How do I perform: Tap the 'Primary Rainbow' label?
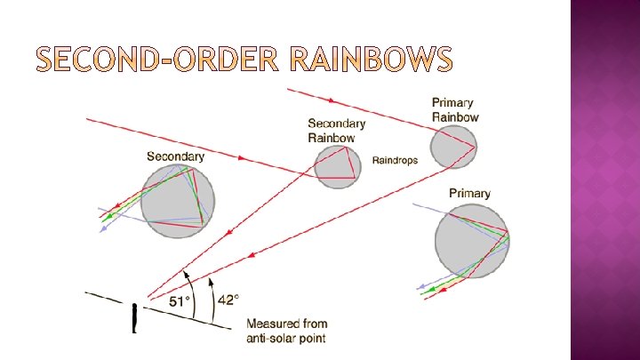tap(455, 109)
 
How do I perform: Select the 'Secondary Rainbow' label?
tap(337, 131)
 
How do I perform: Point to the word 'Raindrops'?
tap(395, 161)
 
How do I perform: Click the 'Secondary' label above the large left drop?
tap(175, 156)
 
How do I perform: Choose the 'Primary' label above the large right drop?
tap(469, 193)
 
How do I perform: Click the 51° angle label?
tap(180, 301)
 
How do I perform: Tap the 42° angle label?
tap(228, 300)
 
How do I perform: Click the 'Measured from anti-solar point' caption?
tap(286, 331)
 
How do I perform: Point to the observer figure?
tap(134, 317)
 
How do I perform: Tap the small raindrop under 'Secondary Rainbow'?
tap(339, 165)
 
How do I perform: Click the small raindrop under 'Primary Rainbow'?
tap(453, 147)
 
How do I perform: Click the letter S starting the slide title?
tap(45, 60)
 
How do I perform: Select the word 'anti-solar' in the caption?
tap(272, 338)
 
